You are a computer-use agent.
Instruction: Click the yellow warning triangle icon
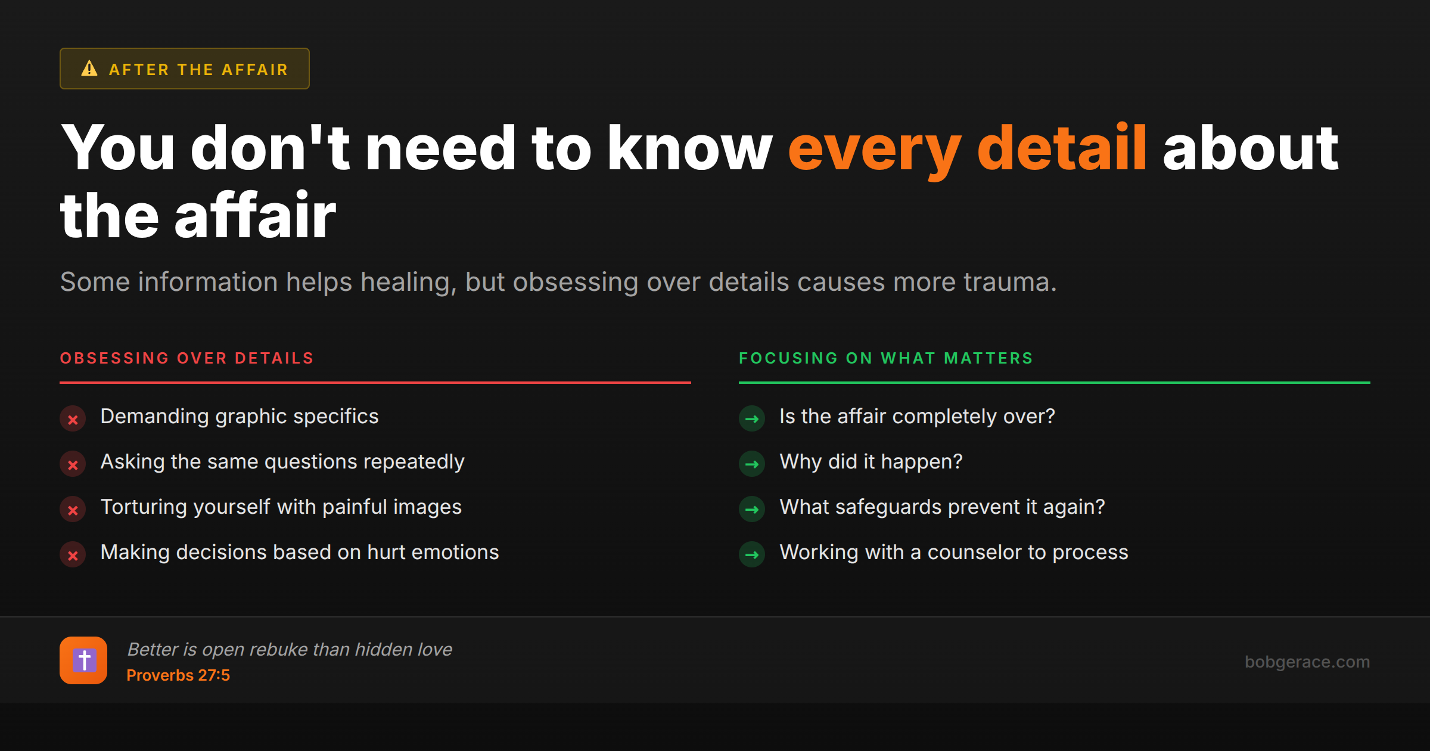(x=89, y=69)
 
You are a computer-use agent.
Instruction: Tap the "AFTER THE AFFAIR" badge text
(x=198, y=70)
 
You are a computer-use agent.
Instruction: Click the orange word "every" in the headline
(x=875, y=149)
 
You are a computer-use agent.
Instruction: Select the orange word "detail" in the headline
(x=1062, y=147)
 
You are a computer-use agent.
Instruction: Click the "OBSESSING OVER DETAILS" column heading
(x=186, y=358)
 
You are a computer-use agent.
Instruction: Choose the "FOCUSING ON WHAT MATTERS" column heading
(x=886, y=358)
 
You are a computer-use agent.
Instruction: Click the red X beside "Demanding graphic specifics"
(x=73, y=419)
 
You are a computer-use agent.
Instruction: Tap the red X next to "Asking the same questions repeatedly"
(x=73, y=464)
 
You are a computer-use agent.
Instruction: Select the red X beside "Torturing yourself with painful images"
(x=73, y=510)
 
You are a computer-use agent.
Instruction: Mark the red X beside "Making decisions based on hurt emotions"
(x=73, y=555)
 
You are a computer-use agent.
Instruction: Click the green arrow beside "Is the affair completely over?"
(x=752, y=419)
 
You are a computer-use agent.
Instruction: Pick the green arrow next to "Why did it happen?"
(x=752, y=464)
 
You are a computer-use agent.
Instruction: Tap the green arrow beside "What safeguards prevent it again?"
(x=752, y=510)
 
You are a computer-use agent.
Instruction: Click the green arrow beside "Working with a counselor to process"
(x=752, y=555)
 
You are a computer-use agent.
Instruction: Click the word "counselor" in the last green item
(x=974, y=553)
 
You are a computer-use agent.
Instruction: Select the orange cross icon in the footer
(x=83, y=660)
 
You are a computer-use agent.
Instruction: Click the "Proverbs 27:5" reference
(x=178, y=675)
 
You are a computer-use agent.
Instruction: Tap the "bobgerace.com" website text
(x=1307, y=662)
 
